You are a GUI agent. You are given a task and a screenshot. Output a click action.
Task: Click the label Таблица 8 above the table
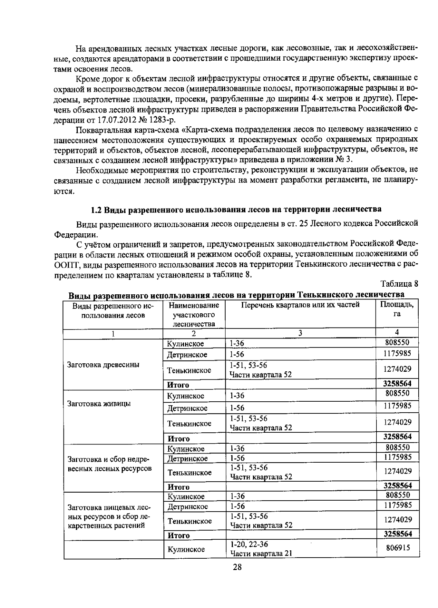coord(399,284)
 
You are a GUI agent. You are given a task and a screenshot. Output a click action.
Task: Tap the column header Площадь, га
coord(397,309)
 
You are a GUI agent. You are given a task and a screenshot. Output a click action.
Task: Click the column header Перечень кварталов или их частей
coord(300,305)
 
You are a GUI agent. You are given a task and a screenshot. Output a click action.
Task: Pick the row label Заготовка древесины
coord(103,365)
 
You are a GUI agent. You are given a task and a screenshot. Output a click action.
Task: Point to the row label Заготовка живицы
coord(99,404)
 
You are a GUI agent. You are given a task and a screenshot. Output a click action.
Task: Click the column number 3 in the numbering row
coord(300,333)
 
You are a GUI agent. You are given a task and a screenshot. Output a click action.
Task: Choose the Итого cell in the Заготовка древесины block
coord(178,385)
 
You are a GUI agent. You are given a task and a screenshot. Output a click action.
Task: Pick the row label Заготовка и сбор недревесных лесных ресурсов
coord(109,464)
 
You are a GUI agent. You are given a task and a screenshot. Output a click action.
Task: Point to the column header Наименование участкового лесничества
coord(194,314)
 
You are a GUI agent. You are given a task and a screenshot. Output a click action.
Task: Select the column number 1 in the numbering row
coord(113,333)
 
